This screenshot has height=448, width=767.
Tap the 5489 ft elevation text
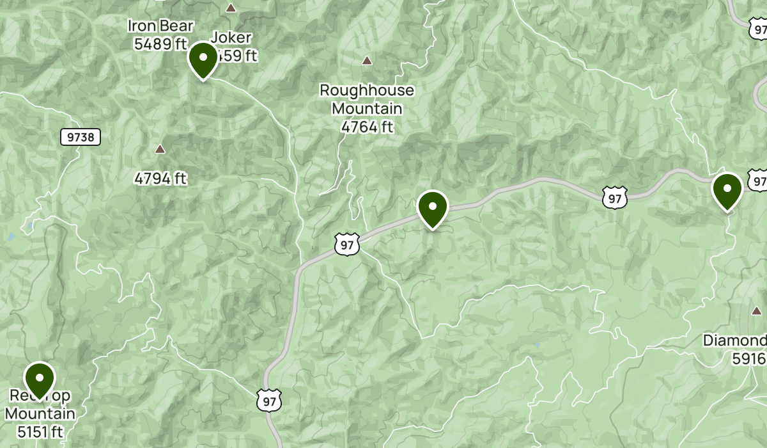point(160,44)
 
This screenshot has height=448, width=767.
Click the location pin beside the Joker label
point(203,60)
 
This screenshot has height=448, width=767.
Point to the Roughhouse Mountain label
point(367,99)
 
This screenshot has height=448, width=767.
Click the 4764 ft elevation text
point(367,127)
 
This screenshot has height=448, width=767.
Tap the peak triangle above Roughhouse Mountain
point(367,61)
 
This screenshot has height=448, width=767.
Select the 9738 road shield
point(81,137)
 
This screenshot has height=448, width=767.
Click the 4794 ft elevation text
point(160,178)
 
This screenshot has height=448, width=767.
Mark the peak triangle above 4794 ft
point(160,149)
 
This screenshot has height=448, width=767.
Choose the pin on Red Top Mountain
point(40,380)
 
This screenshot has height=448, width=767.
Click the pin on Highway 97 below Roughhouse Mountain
point(433,209)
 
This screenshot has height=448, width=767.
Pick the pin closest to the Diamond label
point(727,191)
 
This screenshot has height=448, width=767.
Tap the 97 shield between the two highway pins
point(615,198)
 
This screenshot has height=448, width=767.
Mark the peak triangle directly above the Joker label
point(231,8)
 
